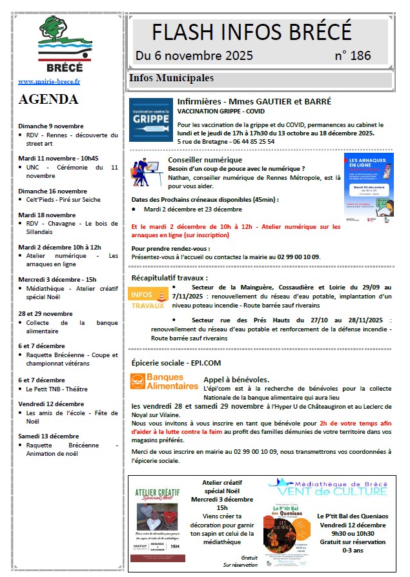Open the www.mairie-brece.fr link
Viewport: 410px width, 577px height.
(x=49, y=82)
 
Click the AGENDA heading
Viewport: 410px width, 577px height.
(x=48, y=99)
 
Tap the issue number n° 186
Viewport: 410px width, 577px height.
(x=353, y=55)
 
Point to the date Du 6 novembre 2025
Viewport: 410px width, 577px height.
(x=194, y=55)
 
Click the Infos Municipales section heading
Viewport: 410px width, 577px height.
(x=172, y=79)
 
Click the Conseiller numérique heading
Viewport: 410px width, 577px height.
(x=205, y=160)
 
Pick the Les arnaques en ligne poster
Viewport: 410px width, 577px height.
(x=368, y=187)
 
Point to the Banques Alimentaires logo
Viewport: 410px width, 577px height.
(x=164, y=382)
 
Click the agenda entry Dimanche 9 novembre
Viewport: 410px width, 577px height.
(x=51, y=126)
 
